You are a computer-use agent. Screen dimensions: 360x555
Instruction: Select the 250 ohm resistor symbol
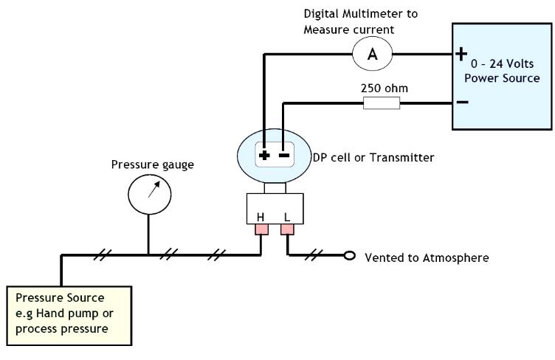coord(382,103)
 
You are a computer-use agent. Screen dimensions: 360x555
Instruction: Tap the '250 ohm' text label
coord(384,89)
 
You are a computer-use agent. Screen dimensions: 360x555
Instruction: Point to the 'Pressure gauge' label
coord(153,165)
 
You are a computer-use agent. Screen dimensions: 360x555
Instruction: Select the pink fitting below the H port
coord(261,231)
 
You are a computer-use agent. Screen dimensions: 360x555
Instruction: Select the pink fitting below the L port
coord(287,231)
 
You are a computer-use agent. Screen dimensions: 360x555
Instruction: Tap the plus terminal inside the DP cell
coord(263,156)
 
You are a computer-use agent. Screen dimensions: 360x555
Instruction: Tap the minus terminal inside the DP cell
coord(283,156)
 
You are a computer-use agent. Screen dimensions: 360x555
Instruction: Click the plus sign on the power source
coord(461,55)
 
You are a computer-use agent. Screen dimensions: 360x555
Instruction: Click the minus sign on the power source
coord(461,102)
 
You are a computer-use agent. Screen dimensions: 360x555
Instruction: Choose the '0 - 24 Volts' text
coord(506,64)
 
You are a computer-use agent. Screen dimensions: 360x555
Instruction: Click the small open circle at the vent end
coord(350,257)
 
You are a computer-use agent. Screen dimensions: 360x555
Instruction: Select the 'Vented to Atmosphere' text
coord(427,257)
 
